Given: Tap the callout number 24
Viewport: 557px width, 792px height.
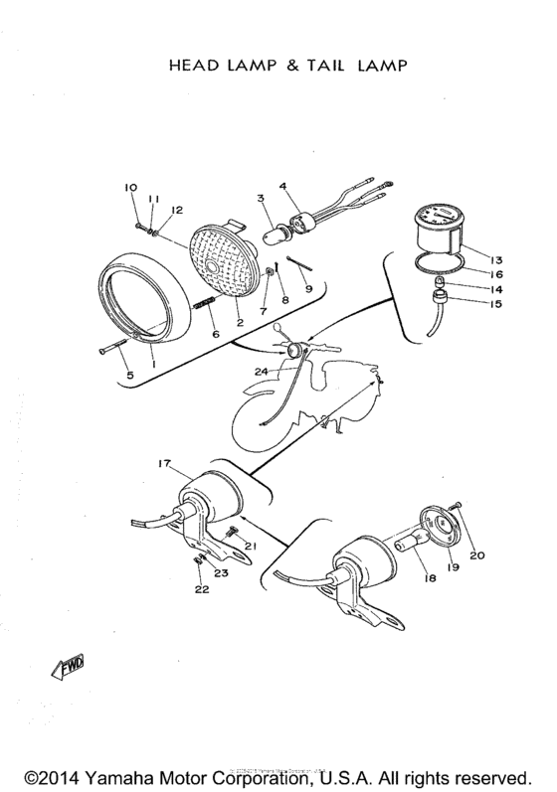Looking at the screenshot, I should click(x=261, y=372).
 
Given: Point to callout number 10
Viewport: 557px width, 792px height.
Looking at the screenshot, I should click(x=129, y=188).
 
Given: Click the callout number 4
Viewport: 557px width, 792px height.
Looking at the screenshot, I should click(x=282, y=186).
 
